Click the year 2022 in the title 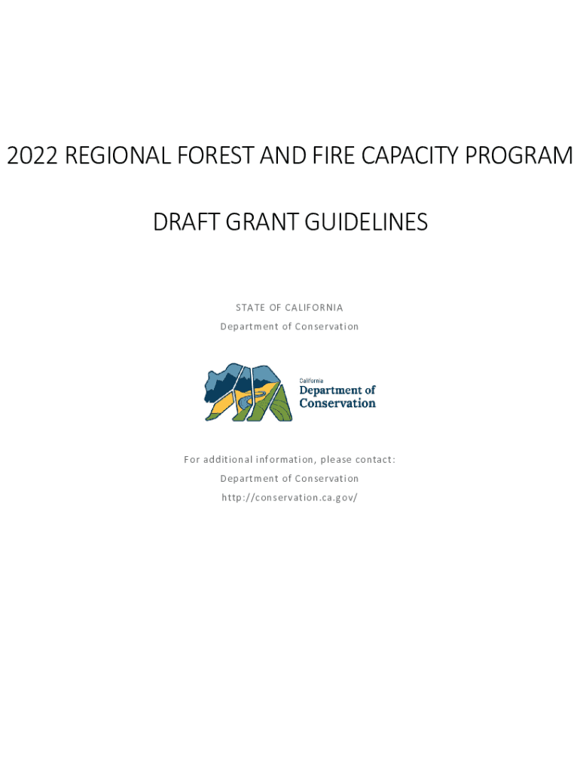[32, 155]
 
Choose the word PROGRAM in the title [519, 155]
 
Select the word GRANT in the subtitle [262, 222]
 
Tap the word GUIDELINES [367, 222]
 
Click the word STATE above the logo [250, 308]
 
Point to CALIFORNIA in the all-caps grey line [314, 308]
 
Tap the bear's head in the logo [216, 381]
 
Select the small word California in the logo [311, 381]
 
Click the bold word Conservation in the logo [337, 403]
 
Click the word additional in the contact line [227, 459]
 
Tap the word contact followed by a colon [375, 459]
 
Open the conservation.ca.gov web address [290, 498]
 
